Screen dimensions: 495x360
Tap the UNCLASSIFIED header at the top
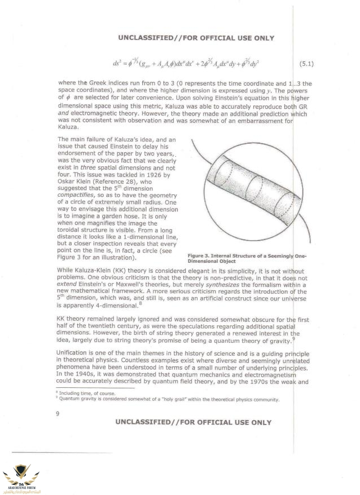click(x=196, y=38)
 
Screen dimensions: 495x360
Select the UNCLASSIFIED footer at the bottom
click(x=193, y=422)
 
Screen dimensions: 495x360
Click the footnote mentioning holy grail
click(x=169, y=400)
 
